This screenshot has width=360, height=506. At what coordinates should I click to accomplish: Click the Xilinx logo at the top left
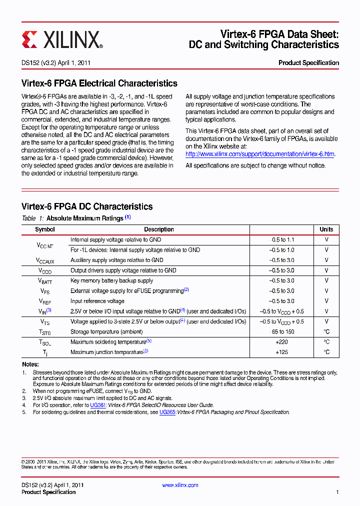(62, 39)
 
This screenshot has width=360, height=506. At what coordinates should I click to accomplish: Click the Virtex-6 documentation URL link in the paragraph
(260, 154)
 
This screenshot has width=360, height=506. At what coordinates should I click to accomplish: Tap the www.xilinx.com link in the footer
(180, 485)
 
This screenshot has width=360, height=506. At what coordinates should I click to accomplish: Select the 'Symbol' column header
(45, 229)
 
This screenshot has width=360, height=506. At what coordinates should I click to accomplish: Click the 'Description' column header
(159, 229)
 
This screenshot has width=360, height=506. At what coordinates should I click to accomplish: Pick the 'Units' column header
(326, 229)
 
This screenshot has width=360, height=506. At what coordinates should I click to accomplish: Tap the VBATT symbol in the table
(45, 281)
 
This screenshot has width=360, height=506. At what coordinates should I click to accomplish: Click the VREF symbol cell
(45, 301)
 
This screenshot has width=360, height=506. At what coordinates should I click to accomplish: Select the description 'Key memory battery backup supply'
(111, 281)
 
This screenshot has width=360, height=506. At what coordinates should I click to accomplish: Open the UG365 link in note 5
(167, 412)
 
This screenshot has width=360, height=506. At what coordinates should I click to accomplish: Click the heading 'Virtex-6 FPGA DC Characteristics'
(87, 206)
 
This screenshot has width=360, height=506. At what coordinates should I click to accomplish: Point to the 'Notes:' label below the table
(30, 364)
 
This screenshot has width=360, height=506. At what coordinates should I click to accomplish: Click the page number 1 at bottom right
(337, 492)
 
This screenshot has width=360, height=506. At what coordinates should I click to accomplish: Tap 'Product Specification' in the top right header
(308, 63)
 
